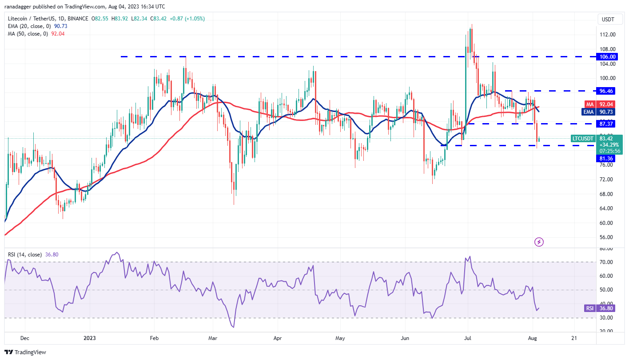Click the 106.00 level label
coord(607,57)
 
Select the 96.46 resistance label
coord(607,91)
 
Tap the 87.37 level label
coord(607,124)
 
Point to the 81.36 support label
coord(607,158)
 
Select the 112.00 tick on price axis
coord(607,35)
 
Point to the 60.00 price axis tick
coord(607,223)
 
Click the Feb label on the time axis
coord(154,338)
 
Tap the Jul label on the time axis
coord(468,338)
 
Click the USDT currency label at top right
coord(608,19)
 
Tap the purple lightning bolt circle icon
coord(539,242)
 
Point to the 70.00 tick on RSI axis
coord(607,262)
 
